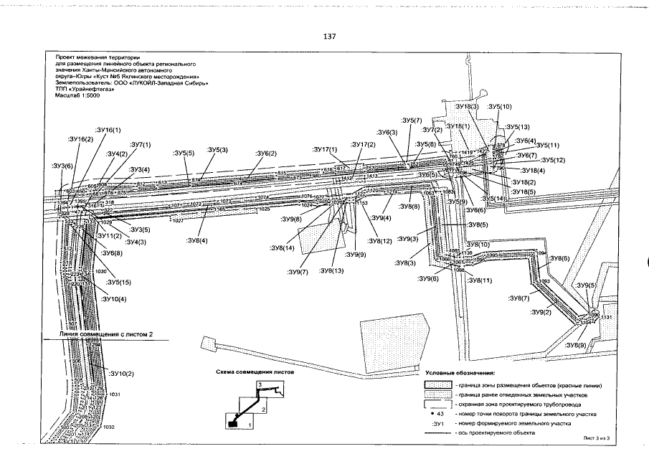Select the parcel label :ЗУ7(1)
[x=138, y=145]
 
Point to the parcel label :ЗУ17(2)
[x=363, y=145]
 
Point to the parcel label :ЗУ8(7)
[x=520, y=298]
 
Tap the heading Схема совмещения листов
[x=255, y=373]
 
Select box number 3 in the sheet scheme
[x=260, y=385]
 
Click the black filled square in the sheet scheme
[x=233, y=423]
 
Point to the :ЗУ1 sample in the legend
[x=431, y=425]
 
